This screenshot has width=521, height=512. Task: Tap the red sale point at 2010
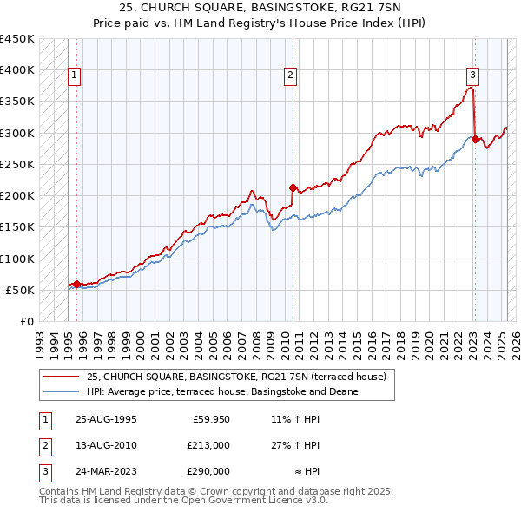(x=293, y=187)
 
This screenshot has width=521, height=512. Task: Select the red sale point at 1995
(x=76, y=284)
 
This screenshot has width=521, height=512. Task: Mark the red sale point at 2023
(x=475, y=139)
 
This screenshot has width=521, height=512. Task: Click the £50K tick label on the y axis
(x=20, y=290)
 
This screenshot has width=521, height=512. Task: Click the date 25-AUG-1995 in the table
(x=106, y=418)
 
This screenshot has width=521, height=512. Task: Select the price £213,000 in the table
(x=208, y=445)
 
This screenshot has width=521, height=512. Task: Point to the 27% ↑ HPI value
(x=295, y=445)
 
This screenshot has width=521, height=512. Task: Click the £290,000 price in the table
(x=208, y=471)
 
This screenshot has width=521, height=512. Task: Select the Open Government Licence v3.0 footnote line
(x=183, y=501)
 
